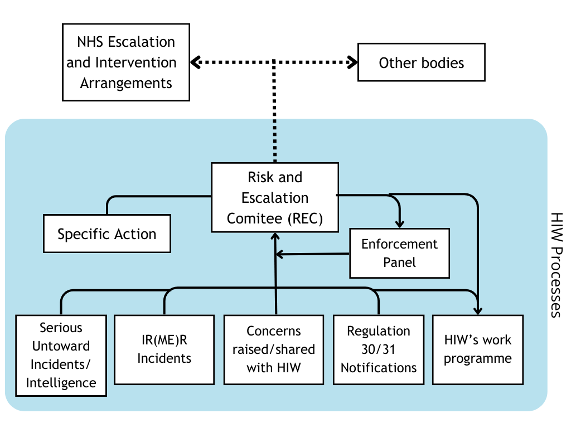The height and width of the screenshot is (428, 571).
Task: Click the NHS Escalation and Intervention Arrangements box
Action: coord(126,62)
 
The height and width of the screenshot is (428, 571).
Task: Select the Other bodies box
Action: coord(421,63)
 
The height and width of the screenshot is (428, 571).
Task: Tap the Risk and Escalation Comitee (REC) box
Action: coord(275,198)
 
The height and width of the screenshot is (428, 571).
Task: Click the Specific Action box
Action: coord(107,234)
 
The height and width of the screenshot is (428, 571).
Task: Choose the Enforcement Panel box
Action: coord(399,253)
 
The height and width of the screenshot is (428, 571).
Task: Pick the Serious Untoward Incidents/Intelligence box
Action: coord(61,356)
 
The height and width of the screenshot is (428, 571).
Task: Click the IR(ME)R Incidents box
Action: coord(164,349)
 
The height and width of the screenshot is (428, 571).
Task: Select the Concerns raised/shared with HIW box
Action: coord(273,349)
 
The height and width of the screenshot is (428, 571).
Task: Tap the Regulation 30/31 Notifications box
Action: coord(379,349)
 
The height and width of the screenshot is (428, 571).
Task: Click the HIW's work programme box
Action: coord(478,349)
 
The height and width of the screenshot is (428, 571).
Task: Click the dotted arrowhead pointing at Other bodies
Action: coord(352,62)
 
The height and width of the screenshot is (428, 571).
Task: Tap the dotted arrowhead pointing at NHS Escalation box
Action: coord(195,62)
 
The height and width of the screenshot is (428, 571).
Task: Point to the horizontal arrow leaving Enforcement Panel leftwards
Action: coord(312,255)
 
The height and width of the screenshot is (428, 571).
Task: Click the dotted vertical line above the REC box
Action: coord(274,111)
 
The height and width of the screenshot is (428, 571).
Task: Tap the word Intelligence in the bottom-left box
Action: coord(61,383)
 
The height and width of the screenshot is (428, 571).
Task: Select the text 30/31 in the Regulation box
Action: coord(379,349)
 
